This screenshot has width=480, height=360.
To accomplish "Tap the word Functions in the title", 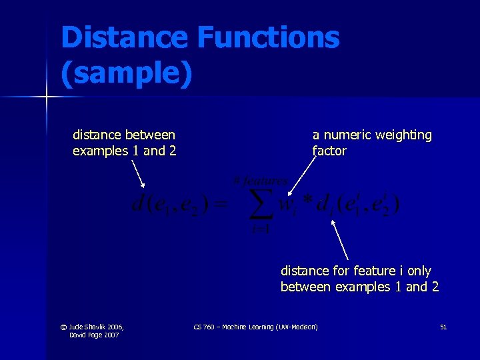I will click(268, 37).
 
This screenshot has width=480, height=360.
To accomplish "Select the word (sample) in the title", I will click(127, 73).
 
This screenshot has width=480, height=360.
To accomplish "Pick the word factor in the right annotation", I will click(329, 151).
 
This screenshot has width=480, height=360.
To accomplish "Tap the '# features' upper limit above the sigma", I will click(260, 181).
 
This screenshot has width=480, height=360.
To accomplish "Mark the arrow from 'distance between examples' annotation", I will click(137, 175).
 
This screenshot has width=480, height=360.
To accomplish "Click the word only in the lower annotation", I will click(418, 271).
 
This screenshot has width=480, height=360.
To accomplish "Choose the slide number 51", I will click(443, 327).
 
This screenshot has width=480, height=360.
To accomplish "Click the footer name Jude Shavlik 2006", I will click(97, 327).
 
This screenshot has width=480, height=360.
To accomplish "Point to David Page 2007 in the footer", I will click(93, 335).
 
